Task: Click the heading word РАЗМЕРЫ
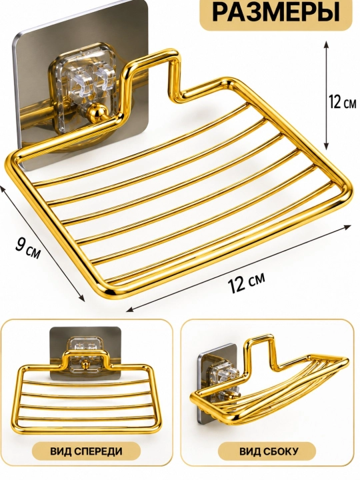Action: click(x=276, y=12)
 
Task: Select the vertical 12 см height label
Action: click(x=343, y=101)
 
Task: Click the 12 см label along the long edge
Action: click(x=246, y=282)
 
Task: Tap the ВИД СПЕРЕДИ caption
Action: click(x=86, y=451)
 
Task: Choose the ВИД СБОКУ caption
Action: click(x=269, y=451)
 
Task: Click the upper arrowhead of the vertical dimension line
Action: click(x=327, y=45)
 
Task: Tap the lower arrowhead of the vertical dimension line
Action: click(x=327, y=147)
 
